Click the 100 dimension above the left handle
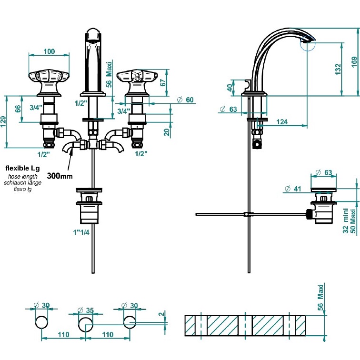click(49, 51)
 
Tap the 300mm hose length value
click(60, 176)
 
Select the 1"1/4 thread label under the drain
click(81, 232)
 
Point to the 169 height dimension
click(354, 62)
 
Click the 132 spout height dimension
click(338, 69)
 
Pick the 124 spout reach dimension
click(282, 122)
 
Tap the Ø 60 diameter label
click(185, 100)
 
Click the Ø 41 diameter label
click(293, 189)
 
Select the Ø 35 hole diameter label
click(86, 310)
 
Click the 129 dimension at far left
click(3, 122)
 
